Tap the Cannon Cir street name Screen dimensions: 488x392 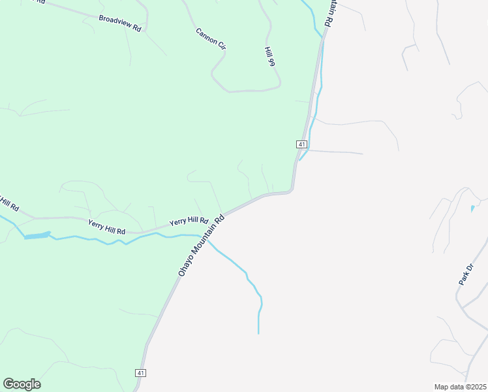coord(209,39)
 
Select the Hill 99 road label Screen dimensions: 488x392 coord(269,57)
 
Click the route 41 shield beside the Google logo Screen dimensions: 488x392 coord(140,372)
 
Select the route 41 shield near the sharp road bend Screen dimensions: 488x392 coord(301,144)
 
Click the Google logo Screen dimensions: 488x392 coord(22,384)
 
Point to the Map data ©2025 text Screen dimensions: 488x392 coord(460,386)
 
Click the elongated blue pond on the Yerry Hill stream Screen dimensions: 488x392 coord(37,235)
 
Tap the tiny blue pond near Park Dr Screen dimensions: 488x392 coord(472,209)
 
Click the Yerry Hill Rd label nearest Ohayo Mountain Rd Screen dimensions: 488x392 coord(189,222)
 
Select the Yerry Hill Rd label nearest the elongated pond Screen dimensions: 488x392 coord(106,226)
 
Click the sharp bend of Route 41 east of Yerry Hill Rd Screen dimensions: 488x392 coord(291,189)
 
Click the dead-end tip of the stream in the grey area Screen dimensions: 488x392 coord(258,333)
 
